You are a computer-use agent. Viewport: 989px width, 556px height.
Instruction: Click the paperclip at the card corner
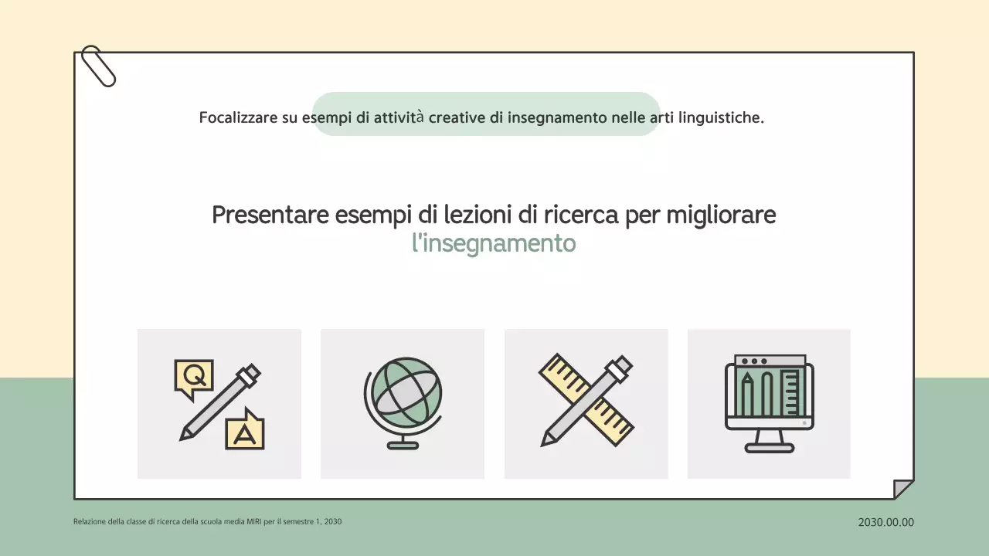pyautogui.click(x=98, y=66)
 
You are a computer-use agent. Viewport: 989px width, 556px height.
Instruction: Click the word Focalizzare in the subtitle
pyautogui.click(x=238, y=118)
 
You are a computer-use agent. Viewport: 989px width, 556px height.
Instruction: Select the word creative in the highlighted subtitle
pyautogui.click(x=457, y=118)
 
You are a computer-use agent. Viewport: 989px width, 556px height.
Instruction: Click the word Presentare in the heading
pyautogui.click(x=270, y=215)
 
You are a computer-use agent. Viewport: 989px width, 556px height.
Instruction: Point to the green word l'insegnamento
pyautogui.click(x=494, y=243)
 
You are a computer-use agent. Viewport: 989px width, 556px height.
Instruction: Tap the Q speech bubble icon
pyautogui.click(x=193, y=378)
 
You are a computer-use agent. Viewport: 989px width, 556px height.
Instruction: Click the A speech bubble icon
pyautogui.click(x=245, y=430)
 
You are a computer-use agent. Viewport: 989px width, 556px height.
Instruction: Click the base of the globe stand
pyautogui.click(x=403, y=445)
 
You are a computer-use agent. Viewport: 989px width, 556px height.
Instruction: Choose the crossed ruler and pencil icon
pyautogui.click(x=586, y=401)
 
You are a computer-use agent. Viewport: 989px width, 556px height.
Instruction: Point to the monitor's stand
pyautogui.click(x=769, y=442)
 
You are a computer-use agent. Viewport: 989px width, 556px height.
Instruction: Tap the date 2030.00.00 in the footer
pyautogui.click(x=885, y=522)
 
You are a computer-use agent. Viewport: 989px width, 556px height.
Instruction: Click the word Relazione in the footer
pyautogui.click(x=90, y=522)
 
